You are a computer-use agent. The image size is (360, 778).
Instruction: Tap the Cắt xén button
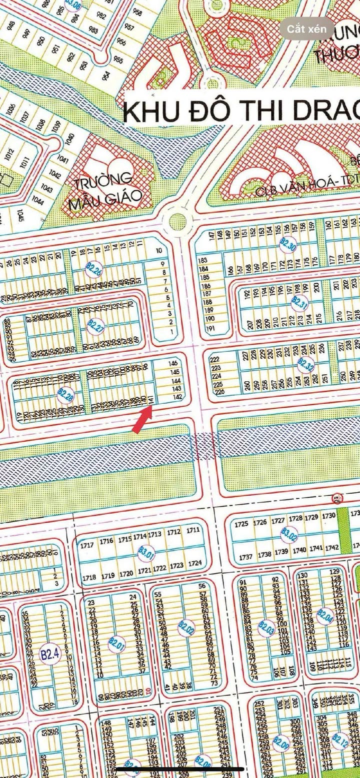[x=306, y=28]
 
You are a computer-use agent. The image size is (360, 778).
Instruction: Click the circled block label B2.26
[x=95, y=270]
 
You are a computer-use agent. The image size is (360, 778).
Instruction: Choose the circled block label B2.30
[x=288, y=244]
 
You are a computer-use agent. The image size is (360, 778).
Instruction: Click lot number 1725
[x=241, y=523]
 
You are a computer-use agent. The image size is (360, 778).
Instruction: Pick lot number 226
[x=219, y=392]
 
